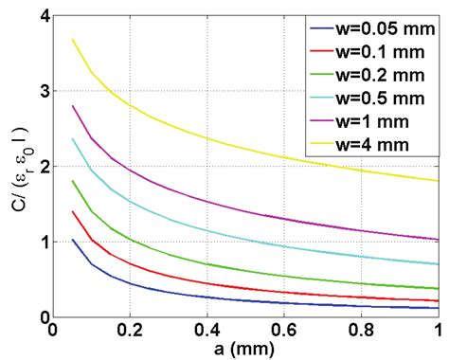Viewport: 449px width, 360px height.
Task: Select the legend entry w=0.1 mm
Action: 373,49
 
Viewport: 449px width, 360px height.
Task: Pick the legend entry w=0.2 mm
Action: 373,70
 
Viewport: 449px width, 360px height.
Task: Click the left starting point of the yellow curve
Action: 73,40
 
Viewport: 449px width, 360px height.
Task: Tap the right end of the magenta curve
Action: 437,239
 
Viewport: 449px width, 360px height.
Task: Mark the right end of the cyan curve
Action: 437,263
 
